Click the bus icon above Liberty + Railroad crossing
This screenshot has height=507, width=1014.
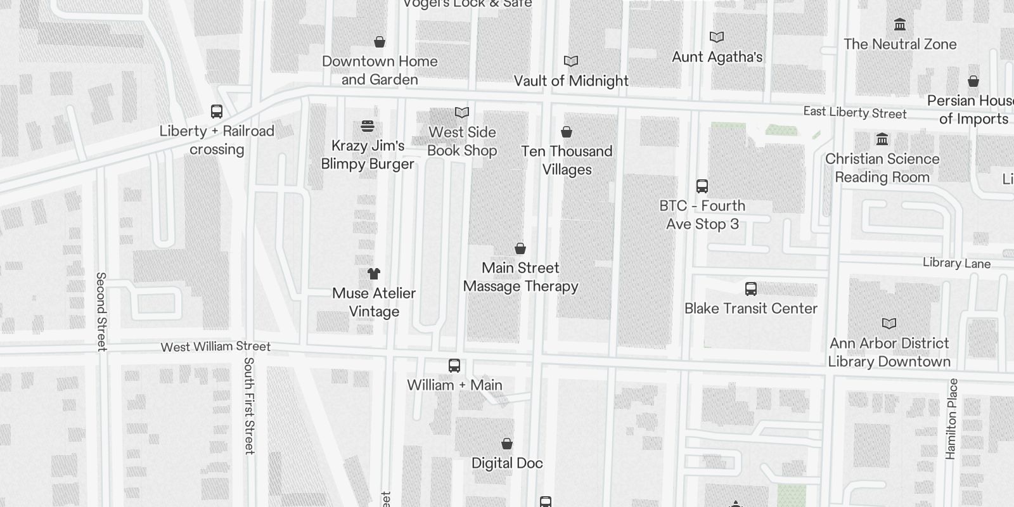coord(217,112)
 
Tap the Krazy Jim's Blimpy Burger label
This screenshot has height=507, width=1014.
coord(368,155)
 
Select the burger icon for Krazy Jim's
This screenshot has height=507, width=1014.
coord(368,125)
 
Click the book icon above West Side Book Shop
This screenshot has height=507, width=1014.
coord(462,112)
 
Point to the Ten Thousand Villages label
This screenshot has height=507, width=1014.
coord(567,160)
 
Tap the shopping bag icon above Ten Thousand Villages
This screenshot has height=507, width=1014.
coord(567,132)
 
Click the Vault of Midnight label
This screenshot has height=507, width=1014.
coord(571,80)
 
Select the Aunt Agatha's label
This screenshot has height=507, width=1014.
coord(717,56)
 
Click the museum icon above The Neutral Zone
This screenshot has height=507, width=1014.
coord(899,25)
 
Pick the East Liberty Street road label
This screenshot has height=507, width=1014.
coord(855,113)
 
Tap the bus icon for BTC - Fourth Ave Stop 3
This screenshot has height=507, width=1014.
coord(702,186)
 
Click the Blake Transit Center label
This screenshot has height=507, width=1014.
coord(751,309)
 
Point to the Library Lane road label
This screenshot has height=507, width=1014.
coord(956,263)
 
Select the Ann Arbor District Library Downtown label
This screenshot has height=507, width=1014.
coord(890,352)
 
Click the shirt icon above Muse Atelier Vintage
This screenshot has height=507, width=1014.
coord(374,274)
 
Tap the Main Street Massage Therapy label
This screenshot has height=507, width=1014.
coord(520,277)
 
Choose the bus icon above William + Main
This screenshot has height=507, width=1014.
coord(454,366)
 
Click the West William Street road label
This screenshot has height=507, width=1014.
coord(215,347)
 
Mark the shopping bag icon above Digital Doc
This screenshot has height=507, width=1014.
coord(507,444)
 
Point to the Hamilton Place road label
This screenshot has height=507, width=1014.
coord(951,419)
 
